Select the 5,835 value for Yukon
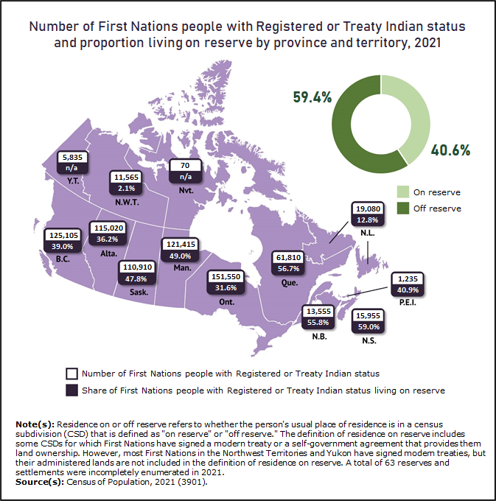(74, 157)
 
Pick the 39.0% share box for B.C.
(62, 246)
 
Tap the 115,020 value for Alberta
(105, 228)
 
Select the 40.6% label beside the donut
(452, 150)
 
